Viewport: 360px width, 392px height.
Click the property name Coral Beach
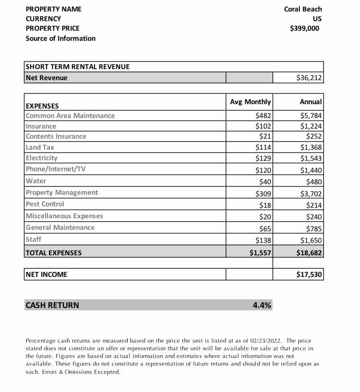click(303, 9)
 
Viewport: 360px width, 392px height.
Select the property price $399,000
click(304, 28)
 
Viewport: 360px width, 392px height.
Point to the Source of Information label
click(60, 38)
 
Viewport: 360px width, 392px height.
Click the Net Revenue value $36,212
click(310, 78)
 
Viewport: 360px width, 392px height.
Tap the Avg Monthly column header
click(250, 102)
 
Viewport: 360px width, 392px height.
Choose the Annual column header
click(311, 102)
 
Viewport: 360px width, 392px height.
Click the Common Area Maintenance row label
click(70, 116)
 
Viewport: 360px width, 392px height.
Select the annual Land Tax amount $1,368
click(311, 147)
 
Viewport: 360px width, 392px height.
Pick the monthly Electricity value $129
click(264, 158)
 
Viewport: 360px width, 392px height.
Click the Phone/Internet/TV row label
click(56, 169)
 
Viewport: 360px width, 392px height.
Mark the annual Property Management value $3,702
click(311, 193)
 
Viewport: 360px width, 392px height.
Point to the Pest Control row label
click(45, 204)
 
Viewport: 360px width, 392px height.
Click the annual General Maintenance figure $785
click(314, 228)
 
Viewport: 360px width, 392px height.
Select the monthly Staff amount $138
click(264, 240)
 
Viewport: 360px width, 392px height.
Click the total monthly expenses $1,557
click(261, 253)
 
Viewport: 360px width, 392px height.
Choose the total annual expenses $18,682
click(309, 253)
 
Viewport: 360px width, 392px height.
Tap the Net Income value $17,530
click(309, 274)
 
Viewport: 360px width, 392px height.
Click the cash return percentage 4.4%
click(262, 305)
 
